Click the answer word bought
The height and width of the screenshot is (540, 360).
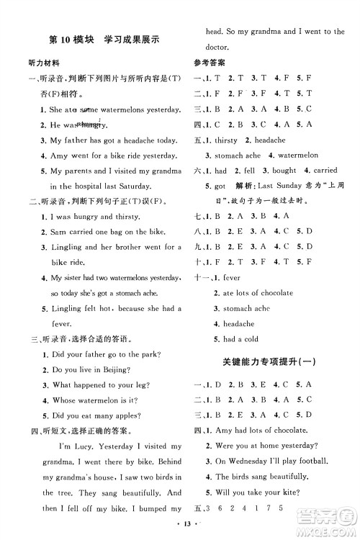284,171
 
